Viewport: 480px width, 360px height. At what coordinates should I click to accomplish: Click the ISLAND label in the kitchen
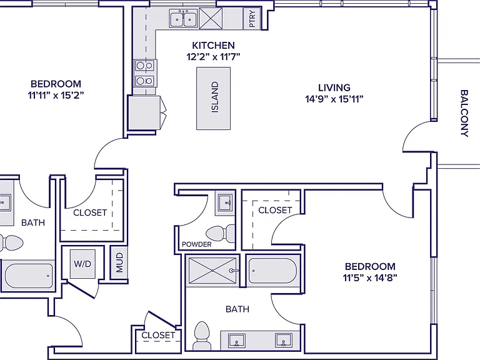215,97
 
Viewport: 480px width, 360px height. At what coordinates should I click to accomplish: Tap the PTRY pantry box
252,19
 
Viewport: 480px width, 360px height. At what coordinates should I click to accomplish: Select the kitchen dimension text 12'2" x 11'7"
213,57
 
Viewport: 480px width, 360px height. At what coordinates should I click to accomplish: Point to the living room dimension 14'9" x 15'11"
334,99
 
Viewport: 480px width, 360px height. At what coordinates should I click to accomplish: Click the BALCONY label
464,113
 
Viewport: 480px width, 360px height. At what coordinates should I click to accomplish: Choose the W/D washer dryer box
82,264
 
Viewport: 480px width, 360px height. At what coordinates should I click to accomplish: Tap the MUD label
119,262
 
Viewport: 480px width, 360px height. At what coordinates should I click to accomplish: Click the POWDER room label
196,244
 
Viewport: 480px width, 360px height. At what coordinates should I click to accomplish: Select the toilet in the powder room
221,234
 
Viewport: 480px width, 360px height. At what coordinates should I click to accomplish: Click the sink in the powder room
225,202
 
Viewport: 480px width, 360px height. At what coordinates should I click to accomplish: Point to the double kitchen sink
183,19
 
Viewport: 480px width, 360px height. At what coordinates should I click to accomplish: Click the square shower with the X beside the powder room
212,271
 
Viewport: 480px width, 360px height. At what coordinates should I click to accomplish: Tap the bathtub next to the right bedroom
272,271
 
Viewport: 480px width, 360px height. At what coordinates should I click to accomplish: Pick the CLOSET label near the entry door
158,335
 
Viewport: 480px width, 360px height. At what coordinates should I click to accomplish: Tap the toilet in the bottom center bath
202,335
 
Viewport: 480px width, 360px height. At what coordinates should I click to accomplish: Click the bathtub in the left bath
29,276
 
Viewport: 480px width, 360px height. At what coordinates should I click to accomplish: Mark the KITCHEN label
213,45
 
